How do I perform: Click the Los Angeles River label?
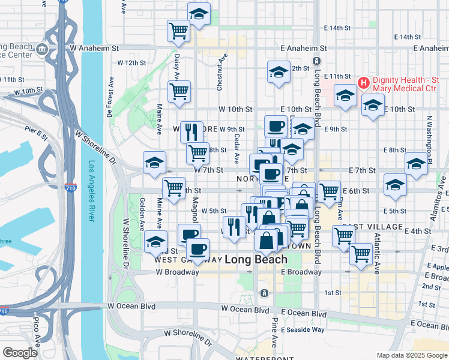[91, 191]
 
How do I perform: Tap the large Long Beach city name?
[256, 260]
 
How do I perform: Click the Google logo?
[20, 353]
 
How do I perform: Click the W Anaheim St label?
[95, 47]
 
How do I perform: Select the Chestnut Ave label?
[220, 71]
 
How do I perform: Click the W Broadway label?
[177, 272]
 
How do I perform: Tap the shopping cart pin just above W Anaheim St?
[178, 31]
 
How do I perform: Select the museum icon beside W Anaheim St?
[41, 48]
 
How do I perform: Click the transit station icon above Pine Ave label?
[264, 293]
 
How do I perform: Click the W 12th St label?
[131, 62]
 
